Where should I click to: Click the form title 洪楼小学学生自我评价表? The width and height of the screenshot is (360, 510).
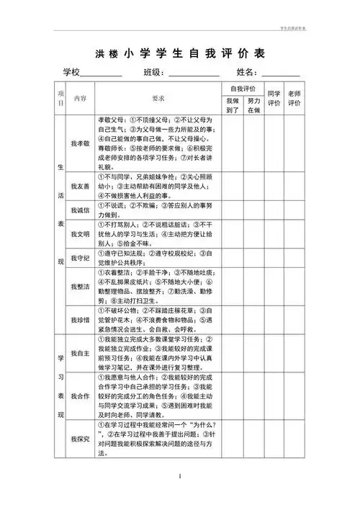pyautogui.click(x=180, y=53)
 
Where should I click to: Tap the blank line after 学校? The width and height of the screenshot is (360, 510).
pyautogui.click(x=101, y=74)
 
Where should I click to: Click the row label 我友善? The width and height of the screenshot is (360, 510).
pyautogui.click(x=80, y=186)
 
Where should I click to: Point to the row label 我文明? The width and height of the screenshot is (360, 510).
pyautogui.click(x=80, y=235)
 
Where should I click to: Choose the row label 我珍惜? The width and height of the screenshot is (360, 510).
pyautogui.click(x=80, y=319)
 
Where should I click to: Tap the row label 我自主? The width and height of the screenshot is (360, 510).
pyautogui.click(x=80, y=353)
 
